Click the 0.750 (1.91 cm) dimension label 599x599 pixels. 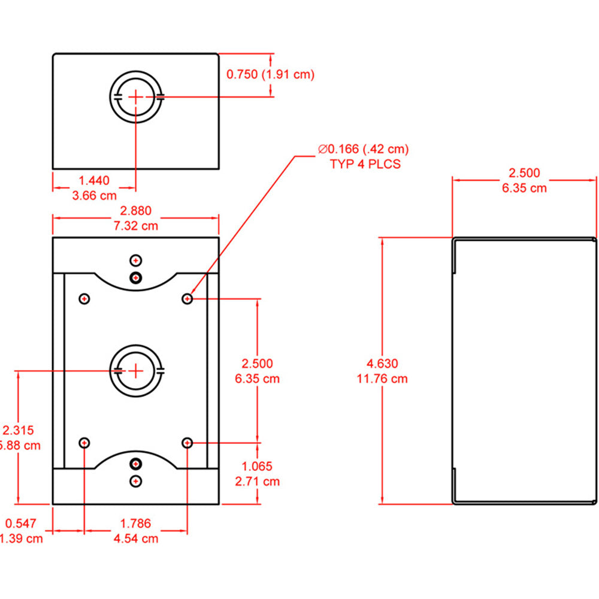click(x=270, y=74)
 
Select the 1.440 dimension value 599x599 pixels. click(x=95, y=179)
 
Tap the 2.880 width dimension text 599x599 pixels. click(x=136, y=211)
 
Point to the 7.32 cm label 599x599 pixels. click(x=136, y=226)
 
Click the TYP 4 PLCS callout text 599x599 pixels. click(x=365, y=164)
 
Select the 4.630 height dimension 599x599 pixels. click(x=382, y=364)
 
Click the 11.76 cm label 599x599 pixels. click(x=382, y=379)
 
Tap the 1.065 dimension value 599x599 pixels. click(x=257, y=466)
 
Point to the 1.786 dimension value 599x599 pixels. click(x=136, y=523)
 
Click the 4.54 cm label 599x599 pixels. click(x=136, y=538)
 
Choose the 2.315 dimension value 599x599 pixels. click(x=18, y=430)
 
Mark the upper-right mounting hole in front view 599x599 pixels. click(x=188, y=298)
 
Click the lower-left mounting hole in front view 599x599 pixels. click(x=84, y=443)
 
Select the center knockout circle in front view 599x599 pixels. click(x=136, y=371)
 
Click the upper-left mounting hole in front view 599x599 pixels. click(x=84, y=298)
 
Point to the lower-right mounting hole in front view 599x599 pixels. click(x=188, y=443)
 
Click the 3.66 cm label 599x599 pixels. click(x=95, y=195)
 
